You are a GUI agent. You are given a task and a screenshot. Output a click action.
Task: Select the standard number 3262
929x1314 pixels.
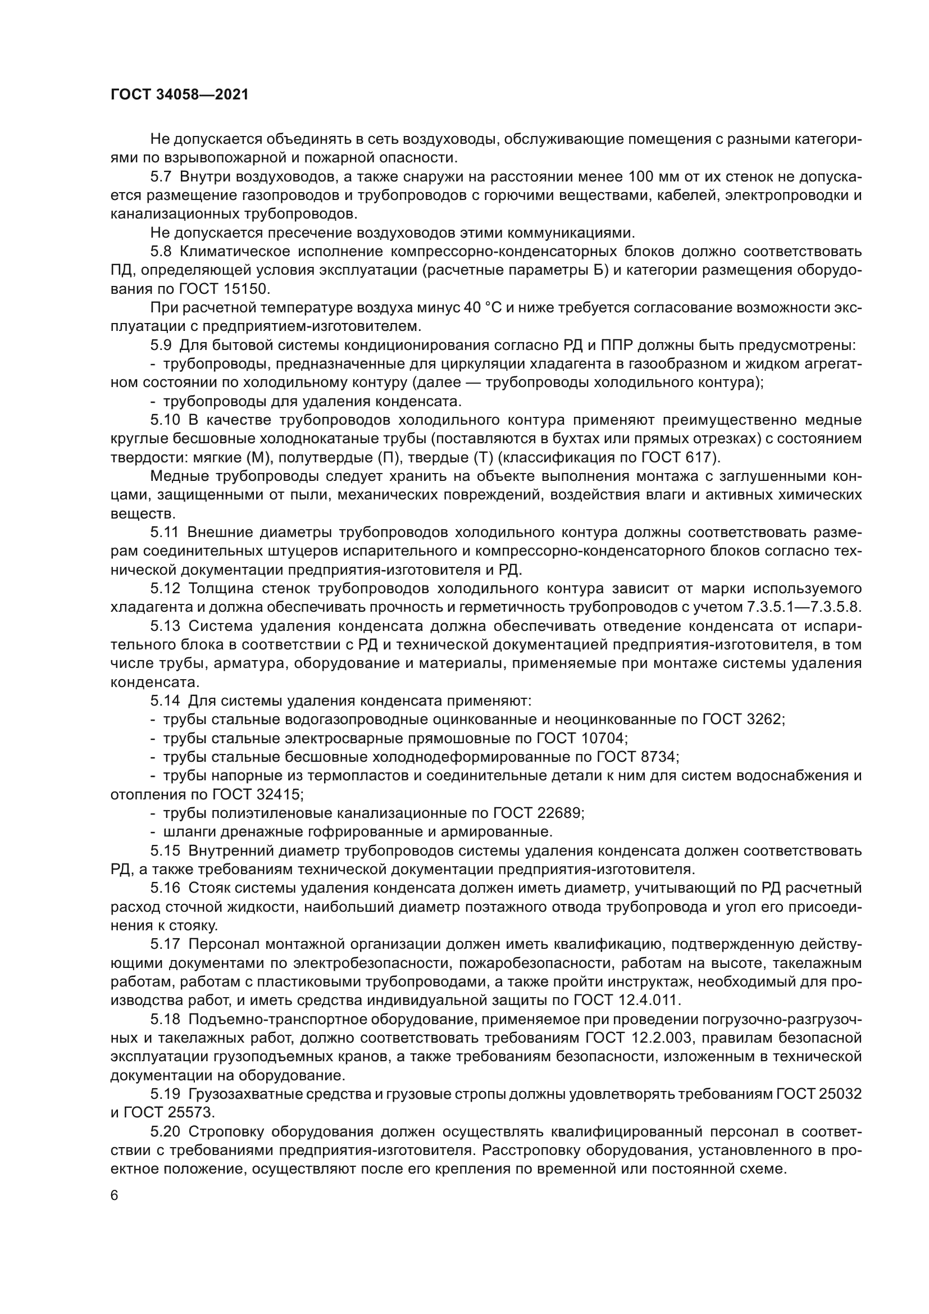click(x=767, y=719)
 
